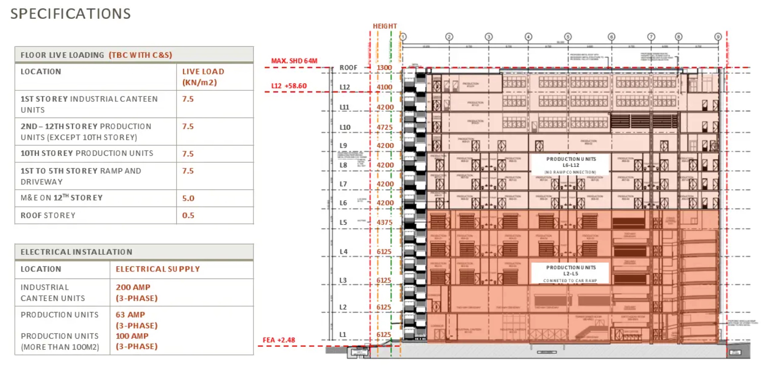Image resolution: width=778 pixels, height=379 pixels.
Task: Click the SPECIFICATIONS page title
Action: [71, 14]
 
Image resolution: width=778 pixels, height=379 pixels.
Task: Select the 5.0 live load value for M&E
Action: [188, 198]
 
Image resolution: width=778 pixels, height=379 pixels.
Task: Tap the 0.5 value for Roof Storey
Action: [188, 215]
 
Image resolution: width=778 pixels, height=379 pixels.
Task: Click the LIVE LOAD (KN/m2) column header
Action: [203, 77]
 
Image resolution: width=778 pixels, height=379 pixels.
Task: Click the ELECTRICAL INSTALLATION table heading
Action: [77, 252]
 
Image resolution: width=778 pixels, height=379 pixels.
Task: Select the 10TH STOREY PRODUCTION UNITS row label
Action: [87, 153]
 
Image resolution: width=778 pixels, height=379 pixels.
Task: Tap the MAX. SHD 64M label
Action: [294, 61]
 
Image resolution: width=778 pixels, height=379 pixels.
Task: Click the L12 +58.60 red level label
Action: [289, 86]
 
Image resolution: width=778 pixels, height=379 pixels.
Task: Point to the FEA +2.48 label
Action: [279, 340]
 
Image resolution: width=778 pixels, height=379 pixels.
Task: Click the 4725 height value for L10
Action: [384, 127]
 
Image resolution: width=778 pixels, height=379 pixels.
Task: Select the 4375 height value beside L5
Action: [384, 222]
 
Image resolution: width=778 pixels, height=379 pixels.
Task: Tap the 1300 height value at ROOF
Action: [384, 68]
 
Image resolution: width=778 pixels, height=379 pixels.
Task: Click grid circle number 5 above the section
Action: [568, 37]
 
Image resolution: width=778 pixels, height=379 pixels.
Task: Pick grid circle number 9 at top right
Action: [718, 37]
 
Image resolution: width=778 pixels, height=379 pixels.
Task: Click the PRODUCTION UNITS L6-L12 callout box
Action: [571, 165]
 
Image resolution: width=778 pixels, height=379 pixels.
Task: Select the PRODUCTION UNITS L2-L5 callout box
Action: [571, 273]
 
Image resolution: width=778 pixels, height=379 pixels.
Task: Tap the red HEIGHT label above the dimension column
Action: [385, 26]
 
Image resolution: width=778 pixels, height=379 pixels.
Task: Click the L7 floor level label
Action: [343, 184]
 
